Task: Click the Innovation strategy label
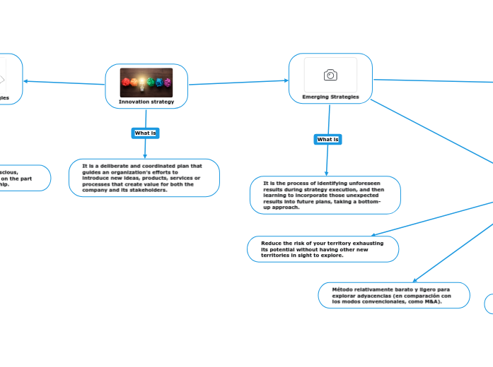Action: pos(146,102)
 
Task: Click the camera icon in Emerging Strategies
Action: pos(330,75)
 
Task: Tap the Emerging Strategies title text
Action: pos(330,97)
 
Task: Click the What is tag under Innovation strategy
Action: pos(146,133)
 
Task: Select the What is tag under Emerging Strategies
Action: pos(327,139)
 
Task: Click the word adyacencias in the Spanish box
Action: pos(374,296)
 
